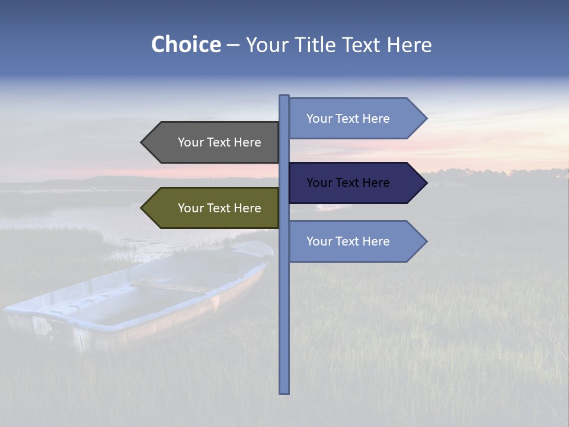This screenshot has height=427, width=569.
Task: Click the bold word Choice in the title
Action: (186, 45)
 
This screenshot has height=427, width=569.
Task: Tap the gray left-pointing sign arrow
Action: (210, 142)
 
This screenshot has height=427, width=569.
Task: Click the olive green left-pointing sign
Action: (210, 208)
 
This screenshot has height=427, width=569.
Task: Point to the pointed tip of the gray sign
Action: (143, 142)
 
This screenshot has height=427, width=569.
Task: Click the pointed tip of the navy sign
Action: (426, 183)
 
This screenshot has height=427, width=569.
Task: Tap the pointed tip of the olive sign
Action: (143, 208)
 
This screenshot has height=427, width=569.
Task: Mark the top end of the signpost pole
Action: (284, 97)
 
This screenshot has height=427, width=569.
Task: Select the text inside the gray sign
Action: (219, 142)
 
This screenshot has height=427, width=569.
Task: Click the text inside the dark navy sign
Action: (348, 183)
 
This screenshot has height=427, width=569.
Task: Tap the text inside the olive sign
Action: (219, 208)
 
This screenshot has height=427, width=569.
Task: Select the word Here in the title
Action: (409, 45)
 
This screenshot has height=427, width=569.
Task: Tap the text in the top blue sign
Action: (348, 119)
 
